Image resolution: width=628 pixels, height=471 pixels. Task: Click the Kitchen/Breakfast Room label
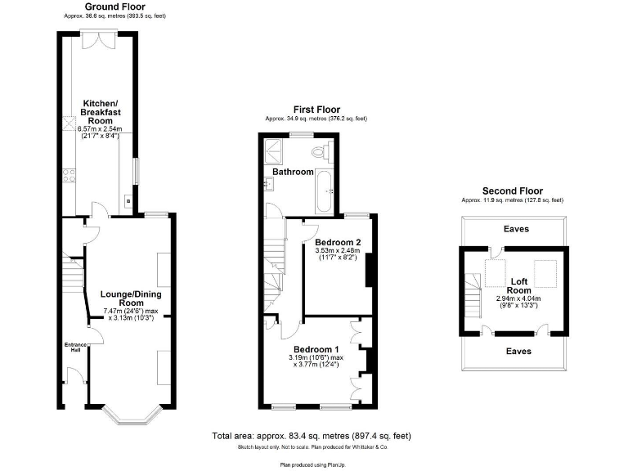coord(99,111)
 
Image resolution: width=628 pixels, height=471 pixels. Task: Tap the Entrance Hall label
coord(73,347)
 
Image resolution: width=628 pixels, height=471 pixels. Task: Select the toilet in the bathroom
coord(321,152)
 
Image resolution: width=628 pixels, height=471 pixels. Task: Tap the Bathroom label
coord(293,173)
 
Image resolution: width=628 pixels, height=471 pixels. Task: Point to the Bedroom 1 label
coord(313,349)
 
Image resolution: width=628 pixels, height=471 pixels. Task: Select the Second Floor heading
coord(512,191)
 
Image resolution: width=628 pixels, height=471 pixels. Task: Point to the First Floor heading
coord(316,110)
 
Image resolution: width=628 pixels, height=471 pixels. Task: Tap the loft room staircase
coord(473,292)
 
